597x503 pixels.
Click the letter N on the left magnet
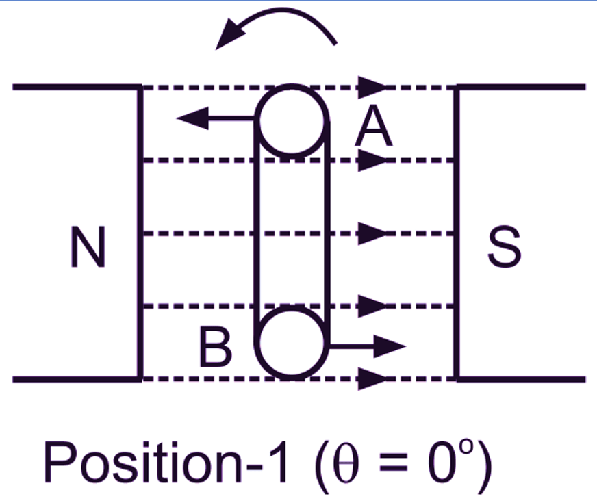88,247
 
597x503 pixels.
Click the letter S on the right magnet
504,247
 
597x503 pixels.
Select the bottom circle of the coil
291,343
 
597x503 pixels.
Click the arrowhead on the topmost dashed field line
371,87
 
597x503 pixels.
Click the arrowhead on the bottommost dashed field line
371,378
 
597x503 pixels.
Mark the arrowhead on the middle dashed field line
371,233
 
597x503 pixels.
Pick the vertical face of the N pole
140,233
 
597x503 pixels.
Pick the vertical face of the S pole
457,233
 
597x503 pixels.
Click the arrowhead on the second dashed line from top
371,160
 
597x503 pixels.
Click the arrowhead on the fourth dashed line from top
371,306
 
